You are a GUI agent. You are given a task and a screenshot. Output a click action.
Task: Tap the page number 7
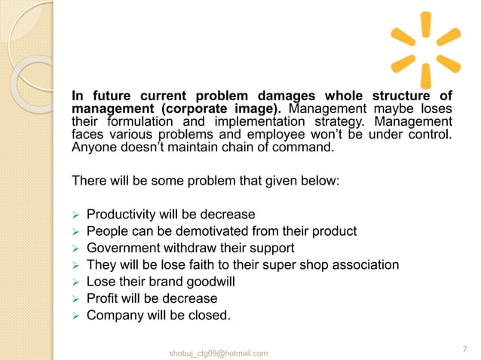pos(464,349)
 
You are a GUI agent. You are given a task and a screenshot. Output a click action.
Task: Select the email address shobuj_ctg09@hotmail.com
pos(219,353)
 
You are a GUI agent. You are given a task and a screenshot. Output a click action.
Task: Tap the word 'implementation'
pos(274,122)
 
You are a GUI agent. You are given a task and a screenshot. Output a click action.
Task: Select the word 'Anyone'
pos(94,148)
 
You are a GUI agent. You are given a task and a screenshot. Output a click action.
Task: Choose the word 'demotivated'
pos(207,230)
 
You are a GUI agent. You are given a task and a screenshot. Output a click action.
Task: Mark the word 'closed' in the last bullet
pos(210,316)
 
